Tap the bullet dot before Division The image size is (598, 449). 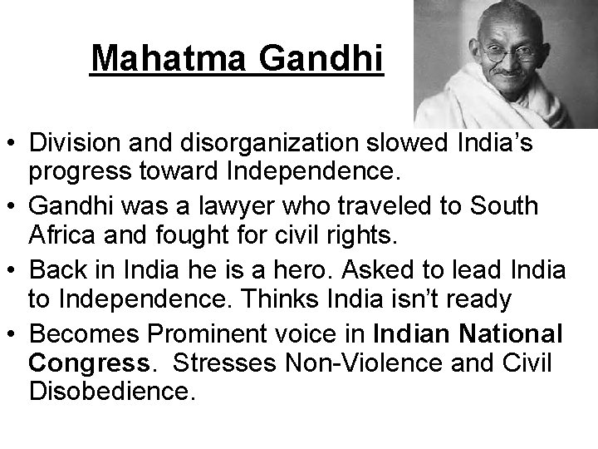point(12,146)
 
